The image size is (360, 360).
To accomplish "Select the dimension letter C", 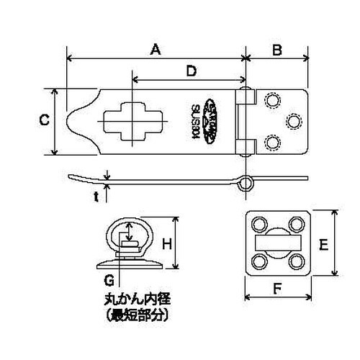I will tap(44, 122).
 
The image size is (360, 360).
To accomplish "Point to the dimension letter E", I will tap(323, 244).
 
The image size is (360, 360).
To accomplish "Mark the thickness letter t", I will tap(96, 195).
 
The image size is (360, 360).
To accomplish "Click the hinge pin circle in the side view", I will tap(247, 181).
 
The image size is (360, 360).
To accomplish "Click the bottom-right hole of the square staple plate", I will tap(297, 261).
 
